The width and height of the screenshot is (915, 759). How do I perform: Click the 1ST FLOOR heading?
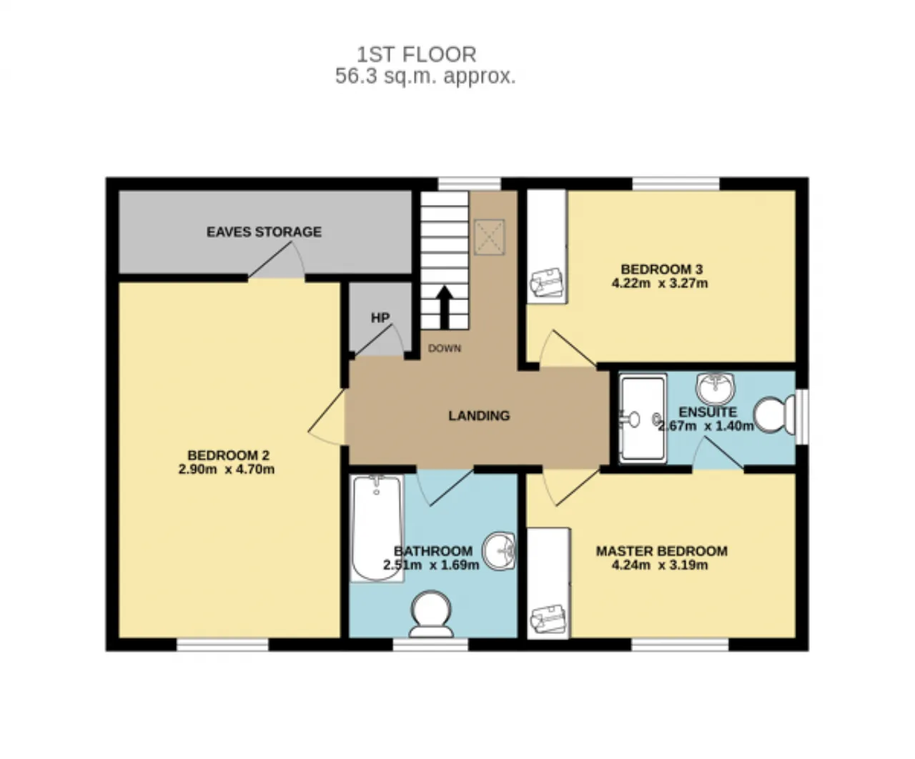tap(417, 55)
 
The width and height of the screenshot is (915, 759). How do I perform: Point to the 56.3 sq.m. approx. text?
tap(425, 76)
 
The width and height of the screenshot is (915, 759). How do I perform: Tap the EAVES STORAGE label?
tap(264, 232)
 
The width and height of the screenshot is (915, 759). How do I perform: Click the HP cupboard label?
tap(380, 318)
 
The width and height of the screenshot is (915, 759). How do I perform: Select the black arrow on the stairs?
tap(445, 307)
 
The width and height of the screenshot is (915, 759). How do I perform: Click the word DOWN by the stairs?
tap(445, 348)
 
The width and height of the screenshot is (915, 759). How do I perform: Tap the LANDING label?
tap(479, 415)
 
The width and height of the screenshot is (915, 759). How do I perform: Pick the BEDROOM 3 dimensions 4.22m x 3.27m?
tap(660, 284)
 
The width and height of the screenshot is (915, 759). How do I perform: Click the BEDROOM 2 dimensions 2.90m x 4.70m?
tap(227, 470)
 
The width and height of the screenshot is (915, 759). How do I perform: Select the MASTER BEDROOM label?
tap(662, 551)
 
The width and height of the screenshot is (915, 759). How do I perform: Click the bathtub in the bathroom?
tap(377, 528)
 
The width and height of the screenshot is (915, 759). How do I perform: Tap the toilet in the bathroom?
tap(431, 614)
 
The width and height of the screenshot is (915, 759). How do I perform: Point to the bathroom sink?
tap(499, 551)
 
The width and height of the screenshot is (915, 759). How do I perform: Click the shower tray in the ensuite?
tap(643, 419)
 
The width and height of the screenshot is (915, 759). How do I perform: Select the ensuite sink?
tap(715, 389)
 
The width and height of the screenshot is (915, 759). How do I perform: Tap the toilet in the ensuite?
tap(774, 415)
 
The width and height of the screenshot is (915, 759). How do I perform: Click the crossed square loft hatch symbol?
tap(490, 237)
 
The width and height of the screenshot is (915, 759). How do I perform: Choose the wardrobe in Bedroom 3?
tap(546, 247)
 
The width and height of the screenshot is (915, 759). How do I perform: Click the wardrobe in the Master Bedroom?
tap(548, 583)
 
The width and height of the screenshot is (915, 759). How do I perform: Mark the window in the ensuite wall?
tap(802, 417)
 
